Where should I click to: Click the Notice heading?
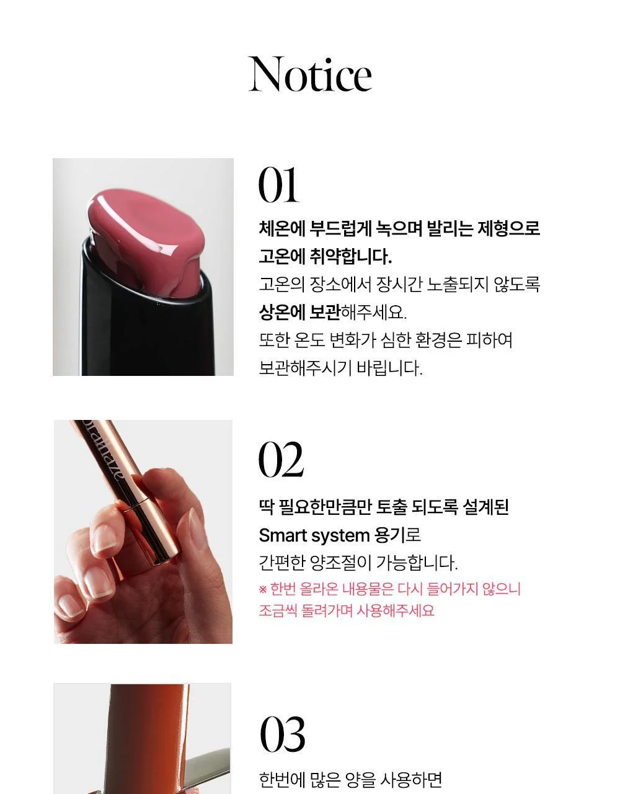click(x=310, y=74)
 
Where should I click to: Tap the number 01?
click(x=278, y=185)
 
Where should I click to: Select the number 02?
click(x=281, y=460)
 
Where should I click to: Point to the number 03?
click(x=282, y=735)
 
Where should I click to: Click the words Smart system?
click(x=314, y=536)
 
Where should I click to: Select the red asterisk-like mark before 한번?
click(x=262, y=589)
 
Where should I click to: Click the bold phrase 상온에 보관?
click(x=299, y=312)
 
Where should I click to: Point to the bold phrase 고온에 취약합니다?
click(x=325, y=256)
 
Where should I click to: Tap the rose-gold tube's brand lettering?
click(x=104, y=453)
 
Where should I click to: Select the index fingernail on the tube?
click(x=104, y=539)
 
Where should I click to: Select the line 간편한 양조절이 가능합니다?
click(x=358, y=563)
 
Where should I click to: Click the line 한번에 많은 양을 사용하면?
click(x=350, y=778)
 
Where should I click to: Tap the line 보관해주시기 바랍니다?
click(x=340, y=368)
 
